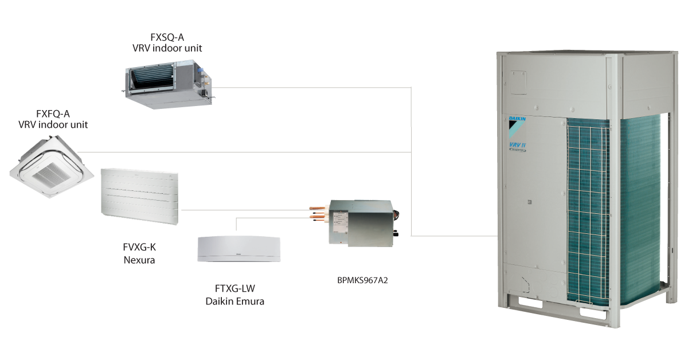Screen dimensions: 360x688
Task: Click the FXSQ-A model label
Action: [163, 38]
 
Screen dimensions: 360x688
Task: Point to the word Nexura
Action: [140, 260]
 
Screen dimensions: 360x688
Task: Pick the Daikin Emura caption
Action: [234, 302]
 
